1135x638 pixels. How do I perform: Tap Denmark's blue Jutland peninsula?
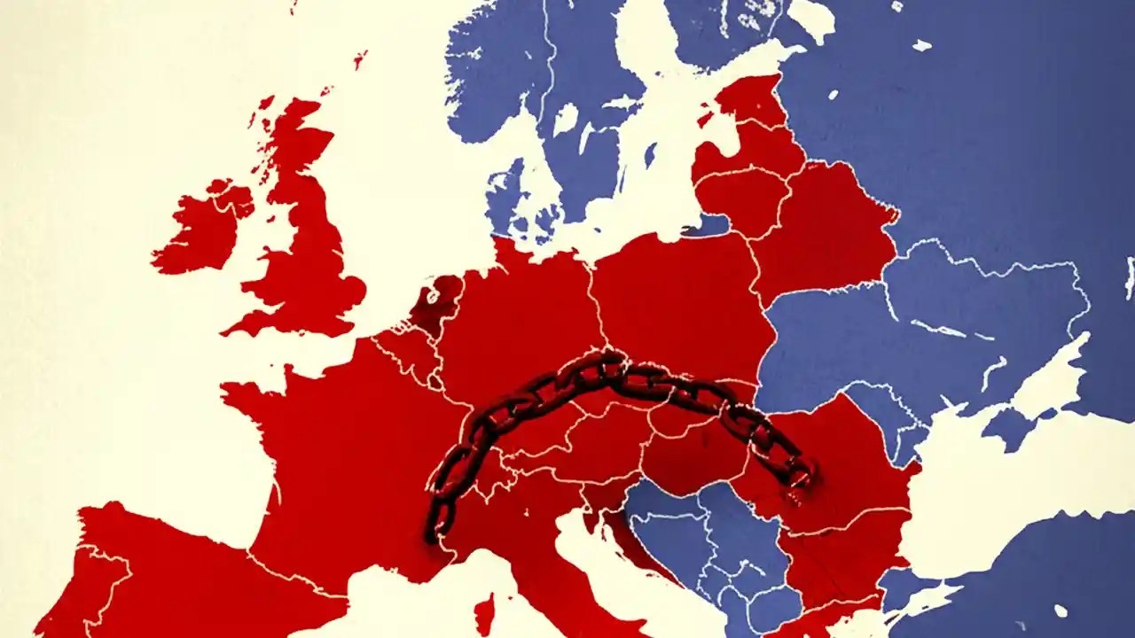pyautogui.click(x=505, y=191)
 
